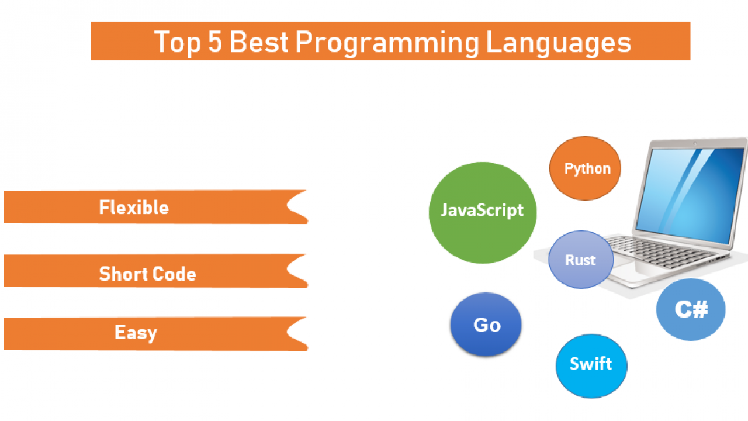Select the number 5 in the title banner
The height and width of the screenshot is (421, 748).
click(215, 42)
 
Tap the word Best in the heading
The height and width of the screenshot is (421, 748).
click(259, 42)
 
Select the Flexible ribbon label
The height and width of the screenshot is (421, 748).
click(134, 207)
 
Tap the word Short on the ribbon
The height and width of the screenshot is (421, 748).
click(121, 274)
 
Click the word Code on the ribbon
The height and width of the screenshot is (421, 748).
click(172, 274)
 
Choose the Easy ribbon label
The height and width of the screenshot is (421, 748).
click(136, 333)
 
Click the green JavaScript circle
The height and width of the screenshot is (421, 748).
click(483, 213)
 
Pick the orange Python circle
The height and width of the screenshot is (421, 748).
click(585, 168)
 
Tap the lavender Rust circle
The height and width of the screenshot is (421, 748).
click(581, 259)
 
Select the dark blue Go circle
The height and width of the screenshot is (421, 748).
click(486, 324)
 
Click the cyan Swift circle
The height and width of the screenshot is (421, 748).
click(591, 366)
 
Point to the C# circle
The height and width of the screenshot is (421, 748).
click(691, 309)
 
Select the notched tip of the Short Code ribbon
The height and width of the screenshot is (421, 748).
click(287, 270)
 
